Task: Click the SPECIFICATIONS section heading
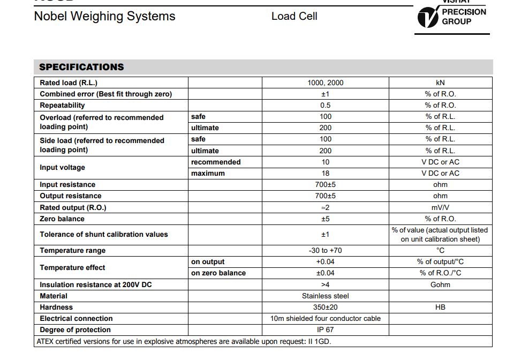(81, 67)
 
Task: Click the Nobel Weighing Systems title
(104, 16)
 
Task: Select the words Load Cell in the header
(294, 16)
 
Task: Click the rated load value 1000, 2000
(325, 82)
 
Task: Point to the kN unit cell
(440, 82)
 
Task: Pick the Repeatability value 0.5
(325, 105)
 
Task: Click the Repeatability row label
(62, 105)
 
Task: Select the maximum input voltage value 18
(325, 173)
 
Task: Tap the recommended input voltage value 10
(325, 162)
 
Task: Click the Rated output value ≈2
(325, 207)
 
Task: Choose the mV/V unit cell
(440, 207)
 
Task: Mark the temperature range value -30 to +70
(325, 250)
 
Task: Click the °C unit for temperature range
(440, 250)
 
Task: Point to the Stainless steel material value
(325, 296)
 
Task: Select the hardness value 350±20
(325, 307)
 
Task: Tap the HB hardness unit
(440, 307)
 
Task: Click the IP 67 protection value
(325, 329)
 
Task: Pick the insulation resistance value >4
(325, 284)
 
